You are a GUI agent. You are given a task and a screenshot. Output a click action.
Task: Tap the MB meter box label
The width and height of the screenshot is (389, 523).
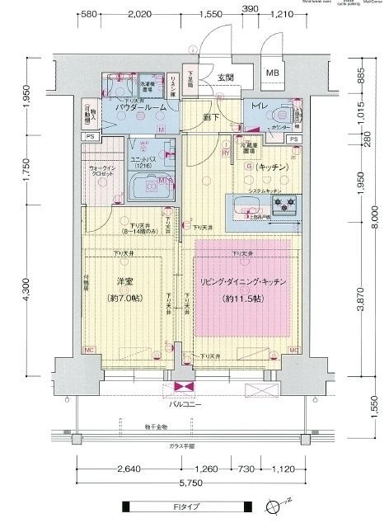[272, 73]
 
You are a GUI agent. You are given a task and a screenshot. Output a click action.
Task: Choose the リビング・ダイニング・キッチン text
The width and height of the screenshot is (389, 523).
[243, 282]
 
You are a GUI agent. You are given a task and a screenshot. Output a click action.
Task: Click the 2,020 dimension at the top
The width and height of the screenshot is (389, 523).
[142, 15]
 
